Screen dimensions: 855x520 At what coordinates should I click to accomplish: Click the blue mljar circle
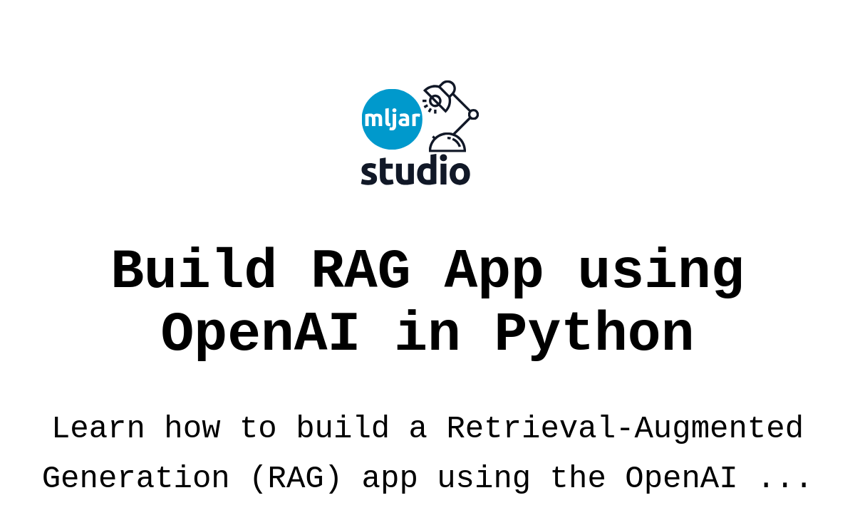[392, 120]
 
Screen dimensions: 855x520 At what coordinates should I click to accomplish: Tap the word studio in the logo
[415, 170]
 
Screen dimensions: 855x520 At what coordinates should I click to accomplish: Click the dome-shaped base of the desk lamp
[447, 143]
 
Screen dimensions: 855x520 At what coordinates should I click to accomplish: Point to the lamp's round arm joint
[473, 115]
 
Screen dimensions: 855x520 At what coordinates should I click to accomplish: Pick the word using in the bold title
[660, 272]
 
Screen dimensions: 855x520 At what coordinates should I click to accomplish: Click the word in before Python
[427, 331]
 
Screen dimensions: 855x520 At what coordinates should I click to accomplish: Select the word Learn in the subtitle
[98, 428]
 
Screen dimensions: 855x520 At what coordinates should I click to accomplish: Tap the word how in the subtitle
[193, 427]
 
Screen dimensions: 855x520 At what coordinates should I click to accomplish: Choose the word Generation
[135, 478]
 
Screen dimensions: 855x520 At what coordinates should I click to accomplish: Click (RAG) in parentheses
[296, 479]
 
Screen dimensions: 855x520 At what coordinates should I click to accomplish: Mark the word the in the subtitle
[579, 477]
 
